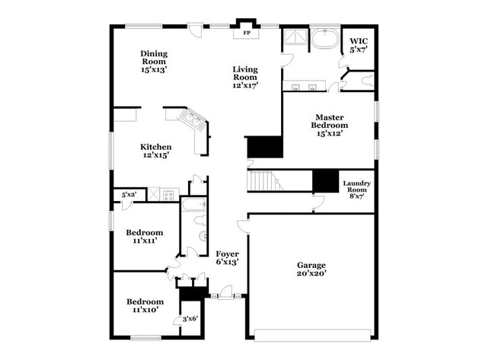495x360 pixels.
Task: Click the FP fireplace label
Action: pyautogui.click(x=246, y=33)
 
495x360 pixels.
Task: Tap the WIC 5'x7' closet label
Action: pyautogui.click(x=358, y=45)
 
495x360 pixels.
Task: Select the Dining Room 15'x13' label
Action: pyautogui.click(x=154, y=61)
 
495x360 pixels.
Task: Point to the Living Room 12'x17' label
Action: pyautogui.click(x=245, y=77)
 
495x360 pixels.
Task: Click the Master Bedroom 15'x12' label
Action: pyautogui.click(x=330, y=125)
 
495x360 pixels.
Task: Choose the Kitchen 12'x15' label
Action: pyautogui.click(x=155, y=151)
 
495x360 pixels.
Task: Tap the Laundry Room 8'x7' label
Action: pyautogui.click(x=356, y=188)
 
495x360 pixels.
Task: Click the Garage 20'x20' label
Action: pyautogui.click(x=311, y=269)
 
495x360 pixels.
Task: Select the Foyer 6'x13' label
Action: pyautogui.click(x=227, y=257)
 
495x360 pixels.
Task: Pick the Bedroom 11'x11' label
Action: pyautogui.click(x=144, y=237)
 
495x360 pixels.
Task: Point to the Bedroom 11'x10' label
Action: pyautogui.click(x=144, y=306)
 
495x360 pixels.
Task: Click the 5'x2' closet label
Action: pyautogui.click(x=129, y=196)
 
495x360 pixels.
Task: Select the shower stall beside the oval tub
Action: pyautogui.click(x=295, y=39)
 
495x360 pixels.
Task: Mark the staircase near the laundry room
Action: pyautogui.click(x=263, y=181)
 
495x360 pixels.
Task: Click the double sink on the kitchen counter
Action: pyautogui.click(x=190, y=118)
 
